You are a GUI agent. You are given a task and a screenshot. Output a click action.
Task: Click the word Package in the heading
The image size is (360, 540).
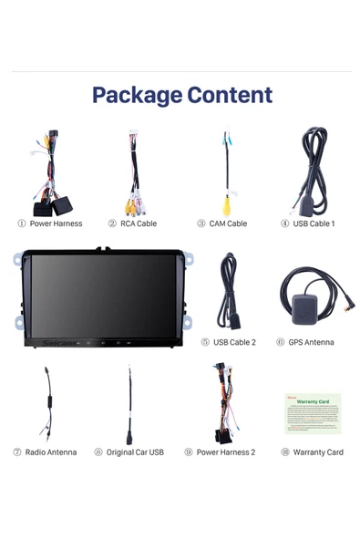point(136,95)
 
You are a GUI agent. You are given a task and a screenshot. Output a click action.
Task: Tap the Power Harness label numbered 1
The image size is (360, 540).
point(56,223)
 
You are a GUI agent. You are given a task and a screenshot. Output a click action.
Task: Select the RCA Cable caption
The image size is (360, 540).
point(139,223)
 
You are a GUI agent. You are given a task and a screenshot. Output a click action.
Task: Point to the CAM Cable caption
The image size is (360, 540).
point(228,223)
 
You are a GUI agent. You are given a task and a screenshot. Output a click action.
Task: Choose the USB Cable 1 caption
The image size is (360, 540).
point(314,223)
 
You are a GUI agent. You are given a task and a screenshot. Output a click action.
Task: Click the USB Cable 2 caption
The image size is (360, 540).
point(234,343)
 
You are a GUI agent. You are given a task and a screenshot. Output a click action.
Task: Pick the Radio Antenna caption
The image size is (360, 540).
point(50,452)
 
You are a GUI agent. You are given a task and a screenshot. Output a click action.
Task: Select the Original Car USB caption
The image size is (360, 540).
point(135,452)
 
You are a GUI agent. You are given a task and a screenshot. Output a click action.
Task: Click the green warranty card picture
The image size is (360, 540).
point(313,412)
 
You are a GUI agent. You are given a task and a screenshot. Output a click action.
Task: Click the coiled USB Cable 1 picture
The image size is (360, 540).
point(314,169)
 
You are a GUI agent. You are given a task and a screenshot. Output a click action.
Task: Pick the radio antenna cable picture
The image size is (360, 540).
point(46,404)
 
